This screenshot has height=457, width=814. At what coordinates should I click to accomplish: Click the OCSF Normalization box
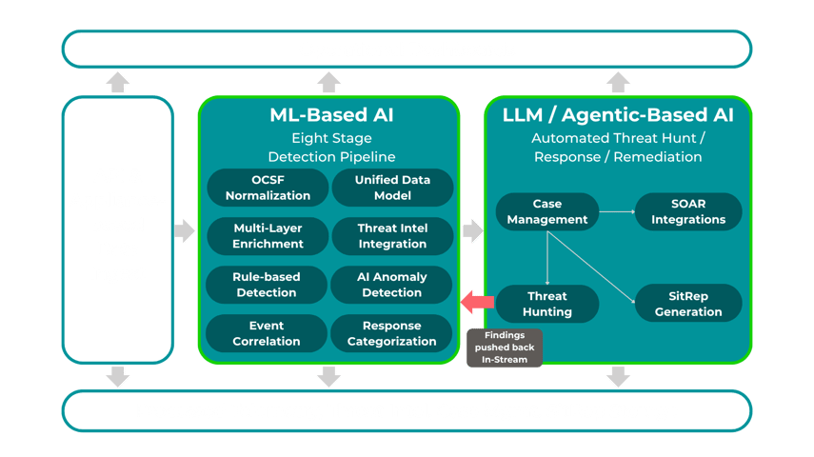pyautogui.click(x=268, y=188)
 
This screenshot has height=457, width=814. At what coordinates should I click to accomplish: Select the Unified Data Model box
pyautogui.click(x=392, y=188)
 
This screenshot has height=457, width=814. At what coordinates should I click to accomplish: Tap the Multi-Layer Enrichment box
pyautogui.click(x=268, y=236)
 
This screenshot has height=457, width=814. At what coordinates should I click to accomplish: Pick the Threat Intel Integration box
pyautogui.click(x=392, y=236)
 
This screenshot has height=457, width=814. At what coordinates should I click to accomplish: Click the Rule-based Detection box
pyautogui.click(x=268, y=285)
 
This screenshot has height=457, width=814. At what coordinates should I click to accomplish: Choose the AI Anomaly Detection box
pyautogui.click(x=392, y=285)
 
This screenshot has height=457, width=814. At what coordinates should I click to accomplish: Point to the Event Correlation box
pyautogui.click(x=268, y=333)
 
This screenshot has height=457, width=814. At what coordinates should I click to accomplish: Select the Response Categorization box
pyautogui.click(x=392, y=333)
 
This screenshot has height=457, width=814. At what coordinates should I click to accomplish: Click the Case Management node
pyautogui.click(x=547, y=211)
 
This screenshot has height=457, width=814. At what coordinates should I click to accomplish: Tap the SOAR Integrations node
pyautogui.click(x=688, y=211)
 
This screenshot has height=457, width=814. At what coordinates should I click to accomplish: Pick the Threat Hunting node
pyautogui.click(x=547, y=304)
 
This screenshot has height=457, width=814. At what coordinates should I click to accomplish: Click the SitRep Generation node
pyautogui.click(x=688, y=304)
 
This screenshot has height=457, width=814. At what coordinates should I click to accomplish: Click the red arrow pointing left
pyautogui.click(x=477, y=303)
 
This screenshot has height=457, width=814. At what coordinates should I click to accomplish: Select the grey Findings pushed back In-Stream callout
pyautogui.click(x=504, y=348)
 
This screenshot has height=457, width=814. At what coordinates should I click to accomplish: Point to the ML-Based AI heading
pyautogui.click(x=329, y=116)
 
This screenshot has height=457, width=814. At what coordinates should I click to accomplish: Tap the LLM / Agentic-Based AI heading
pyautogui.click(x=618, y=116)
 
